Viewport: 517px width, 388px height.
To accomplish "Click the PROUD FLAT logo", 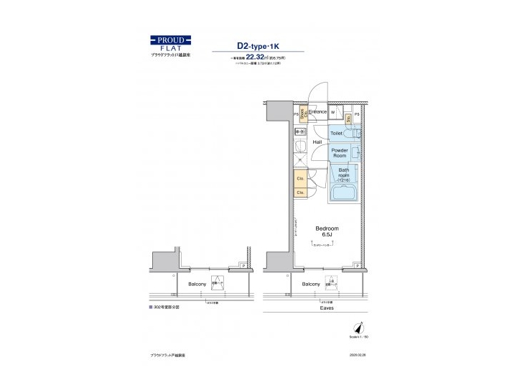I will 169,44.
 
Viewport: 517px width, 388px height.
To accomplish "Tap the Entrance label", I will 317,112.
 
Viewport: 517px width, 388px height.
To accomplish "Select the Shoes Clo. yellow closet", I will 304,114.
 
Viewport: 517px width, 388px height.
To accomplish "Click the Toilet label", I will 337,134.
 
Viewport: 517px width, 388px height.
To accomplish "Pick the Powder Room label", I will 339,153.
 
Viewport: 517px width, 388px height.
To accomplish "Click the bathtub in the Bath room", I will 344,192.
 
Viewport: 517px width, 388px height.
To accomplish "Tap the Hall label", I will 317,142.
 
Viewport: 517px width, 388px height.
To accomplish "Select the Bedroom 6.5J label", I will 327,231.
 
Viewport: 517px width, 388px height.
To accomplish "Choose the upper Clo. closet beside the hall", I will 300,179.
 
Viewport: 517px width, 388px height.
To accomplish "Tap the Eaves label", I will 327,308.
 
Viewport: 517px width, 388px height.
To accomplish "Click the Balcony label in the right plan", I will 311,285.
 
